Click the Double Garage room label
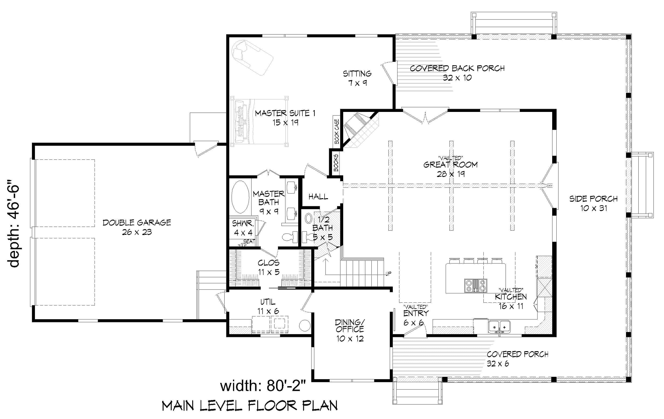click(x=137, y=227)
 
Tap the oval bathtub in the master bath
click(x=240, y=197)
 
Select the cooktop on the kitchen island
click(x=476, y=286)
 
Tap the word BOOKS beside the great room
click(x=336, y=163)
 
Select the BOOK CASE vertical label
click(x=337, y=131)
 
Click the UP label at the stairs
click(x=388, y=274)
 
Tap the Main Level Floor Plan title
click(x=250, y=406)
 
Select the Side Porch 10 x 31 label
click(x=593, y=203)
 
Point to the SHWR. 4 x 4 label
click(x=243, y=228)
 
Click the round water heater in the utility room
click(x=305, y=326)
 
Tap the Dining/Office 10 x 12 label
click(x=350, y=330)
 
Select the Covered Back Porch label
click(x=457, y=73)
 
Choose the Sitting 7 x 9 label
click(x=357, y=78)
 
